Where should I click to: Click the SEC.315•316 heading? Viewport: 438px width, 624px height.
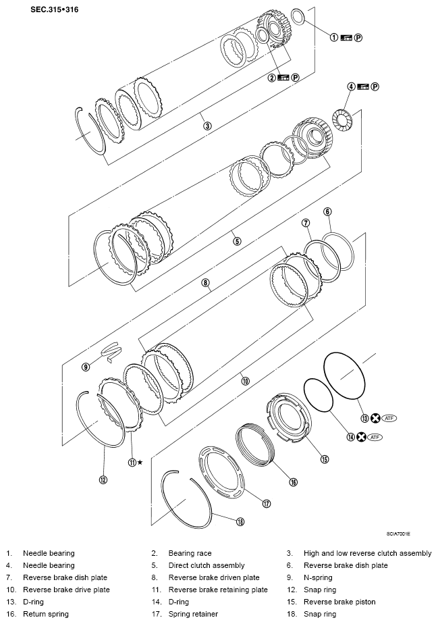click(x=55, y=9)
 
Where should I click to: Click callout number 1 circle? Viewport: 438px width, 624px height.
click(x=334, y=37)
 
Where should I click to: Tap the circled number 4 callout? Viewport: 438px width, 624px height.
click(x=351, y=86)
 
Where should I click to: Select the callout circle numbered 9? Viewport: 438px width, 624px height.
click(x=86, y=367)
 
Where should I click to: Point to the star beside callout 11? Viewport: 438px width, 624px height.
click(x=140, y=462)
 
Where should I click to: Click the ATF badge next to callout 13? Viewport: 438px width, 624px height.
click(x=389, y=418)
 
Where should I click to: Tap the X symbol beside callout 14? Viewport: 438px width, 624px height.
click(x=361, y=437)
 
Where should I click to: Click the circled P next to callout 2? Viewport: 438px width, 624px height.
click(x=295, y=78)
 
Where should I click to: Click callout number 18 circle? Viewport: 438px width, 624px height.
click(x=240, y=521)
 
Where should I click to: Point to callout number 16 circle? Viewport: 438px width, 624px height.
click(x=293, y=482)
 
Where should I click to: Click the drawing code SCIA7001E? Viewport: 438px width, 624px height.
click(x=398, y=534)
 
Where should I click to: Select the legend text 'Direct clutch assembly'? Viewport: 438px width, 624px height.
click(x=207, y=565)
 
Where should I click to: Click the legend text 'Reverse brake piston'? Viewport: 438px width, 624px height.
click(x=339, y=602)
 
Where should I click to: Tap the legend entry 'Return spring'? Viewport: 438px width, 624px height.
click(x=46, y=614)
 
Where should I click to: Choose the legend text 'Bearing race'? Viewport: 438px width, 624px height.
click(x=190, y=553)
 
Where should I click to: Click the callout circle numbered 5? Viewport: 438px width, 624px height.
click(x=237, y=241)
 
